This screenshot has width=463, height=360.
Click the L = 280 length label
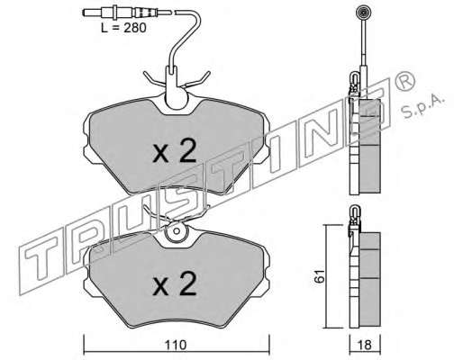123,28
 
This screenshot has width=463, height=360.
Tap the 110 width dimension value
176,345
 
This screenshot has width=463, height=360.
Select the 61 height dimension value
320,276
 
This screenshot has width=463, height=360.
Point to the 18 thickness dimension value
365,345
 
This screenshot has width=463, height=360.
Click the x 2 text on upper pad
175,151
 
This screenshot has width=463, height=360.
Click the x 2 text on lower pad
175,283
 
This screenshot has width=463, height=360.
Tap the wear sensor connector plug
120,13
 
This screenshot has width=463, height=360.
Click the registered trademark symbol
405,79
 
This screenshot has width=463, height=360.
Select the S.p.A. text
422,107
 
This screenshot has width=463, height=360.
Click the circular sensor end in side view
363,13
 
